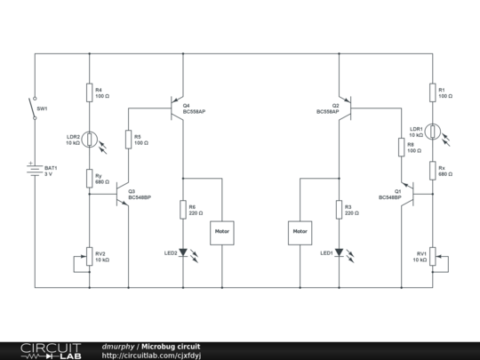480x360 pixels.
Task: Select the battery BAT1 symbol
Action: click(x=36, y=171)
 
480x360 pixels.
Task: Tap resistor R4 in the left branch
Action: click(x=90, y=92)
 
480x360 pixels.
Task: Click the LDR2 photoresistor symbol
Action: click(x=90, y=139)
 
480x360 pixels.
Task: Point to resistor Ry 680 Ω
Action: click(x=90, y=178)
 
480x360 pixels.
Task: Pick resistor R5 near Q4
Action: click(x=129, y=139)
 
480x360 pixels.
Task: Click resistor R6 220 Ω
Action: click(x=183, y=210)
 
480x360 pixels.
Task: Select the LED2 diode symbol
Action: click(x=183, y=252)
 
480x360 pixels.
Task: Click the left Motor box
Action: click(x=221, y=232)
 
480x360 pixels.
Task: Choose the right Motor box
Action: click(x=300, y=232)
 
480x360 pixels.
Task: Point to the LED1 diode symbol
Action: click(x=339, y=252)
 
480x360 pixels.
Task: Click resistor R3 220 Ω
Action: click(x=339, y=210)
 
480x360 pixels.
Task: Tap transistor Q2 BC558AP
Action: click(x=344, y=108)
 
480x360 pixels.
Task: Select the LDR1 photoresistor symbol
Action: click(x=432, y=132)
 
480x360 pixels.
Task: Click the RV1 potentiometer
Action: click(x=432, y=258)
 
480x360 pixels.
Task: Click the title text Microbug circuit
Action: click(x=171, y=346)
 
